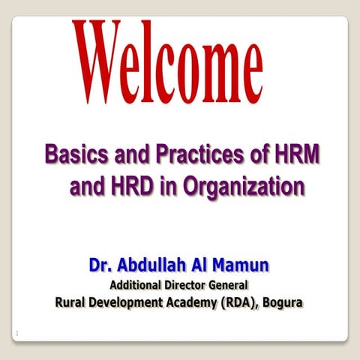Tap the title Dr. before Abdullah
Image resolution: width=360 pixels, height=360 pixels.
click(x=102, y=265)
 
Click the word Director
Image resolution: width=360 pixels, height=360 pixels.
click(x=187, y=285)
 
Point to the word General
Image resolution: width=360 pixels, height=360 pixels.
click(x=229, y=285)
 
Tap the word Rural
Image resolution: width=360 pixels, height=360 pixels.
click(x=72, y=303)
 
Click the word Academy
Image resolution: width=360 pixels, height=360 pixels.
click(x=198, y=304)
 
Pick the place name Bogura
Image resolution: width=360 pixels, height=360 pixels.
click(x=288, y=304)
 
